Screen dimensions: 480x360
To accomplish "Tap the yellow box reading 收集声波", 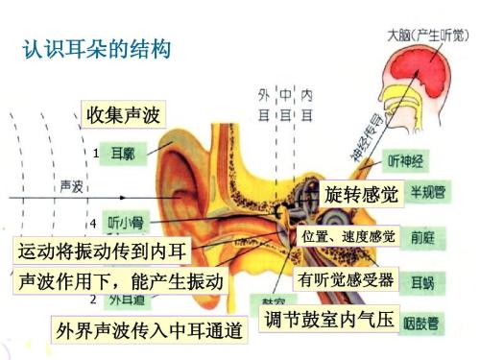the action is click(122, 115).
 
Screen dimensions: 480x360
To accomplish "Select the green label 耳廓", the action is click(123, 154).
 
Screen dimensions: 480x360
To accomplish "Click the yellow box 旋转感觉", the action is click(361, 193).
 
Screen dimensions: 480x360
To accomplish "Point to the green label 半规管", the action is click(426, 191).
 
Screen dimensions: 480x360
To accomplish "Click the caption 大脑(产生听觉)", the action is click(426, 33).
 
